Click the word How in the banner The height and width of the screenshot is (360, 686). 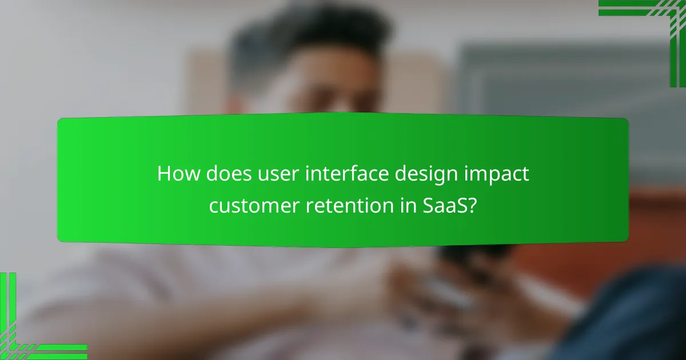pos(176,174)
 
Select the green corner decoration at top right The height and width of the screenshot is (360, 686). pos(657,23)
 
